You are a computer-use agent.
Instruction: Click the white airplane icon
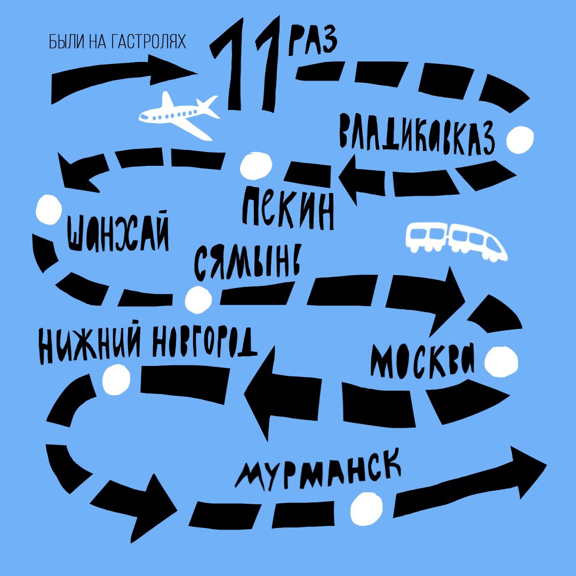178,114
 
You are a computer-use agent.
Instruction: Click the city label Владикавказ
417,136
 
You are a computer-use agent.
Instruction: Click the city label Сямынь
247,262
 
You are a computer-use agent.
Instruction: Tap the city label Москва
423,361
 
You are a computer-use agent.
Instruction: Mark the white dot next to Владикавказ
519,139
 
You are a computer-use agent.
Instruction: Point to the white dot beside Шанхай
49,209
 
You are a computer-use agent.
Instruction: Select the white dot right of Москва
501,362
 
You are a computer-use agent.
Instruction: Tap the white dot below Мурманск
366,508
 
